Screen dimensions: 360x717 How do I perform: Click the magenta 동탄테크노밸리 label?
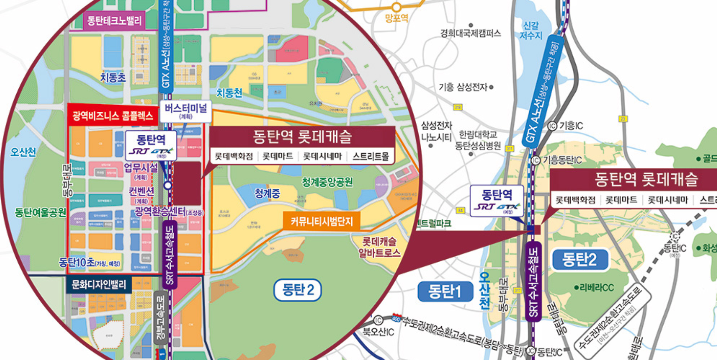(114, 20)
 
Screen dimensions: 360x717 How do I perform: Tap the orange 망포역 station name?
(396, 18)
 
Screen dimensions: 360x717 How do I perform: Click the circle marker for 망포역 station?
(396, 7)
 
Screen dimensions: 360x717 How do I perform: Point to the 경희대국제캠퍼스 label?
(470, 33)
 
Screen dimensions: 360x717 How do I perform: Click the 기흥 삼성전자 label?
(463, 88)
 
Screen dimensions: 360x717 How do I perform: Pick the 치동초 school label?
(113, 77)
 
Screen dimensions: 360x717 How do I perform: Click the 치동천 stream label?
(229, 93)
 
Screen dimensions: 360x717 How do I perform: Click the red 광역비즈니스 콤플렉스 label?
(112, 116)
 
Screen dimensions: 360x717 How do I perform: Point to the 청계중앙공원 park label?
(327, 182)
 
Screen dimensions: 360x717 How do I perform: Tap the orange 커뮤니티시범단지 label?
(321, 222)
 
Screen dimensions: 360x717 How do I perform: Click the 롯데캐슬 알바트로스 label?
(379, 247)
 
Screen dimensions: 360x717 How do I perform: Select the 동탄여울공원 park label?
(41, 212)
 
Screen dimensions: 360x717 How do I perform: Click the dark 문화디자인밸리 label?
(99, 285)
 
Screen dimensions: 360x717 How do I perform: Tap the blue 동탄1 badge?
(445, 291)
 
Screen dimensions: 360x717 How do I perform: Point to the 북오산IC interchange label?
(379, 332)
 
